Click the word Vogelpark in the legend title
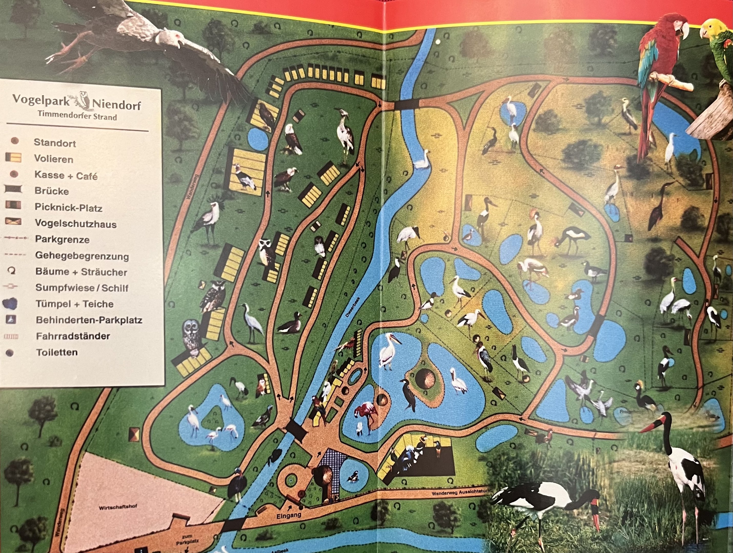(x=41, y=100)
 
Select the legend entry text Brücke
(x=52, y=191)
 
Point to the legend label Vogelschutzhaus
(x=76, y=224)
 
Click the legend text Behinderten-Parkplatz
(x=89, y=320)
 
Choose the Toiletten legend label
(x=57, y=352)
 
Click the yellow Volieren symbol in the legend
(x=14, y=158)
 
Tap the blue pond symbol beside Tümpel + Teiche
(x=10, y=303)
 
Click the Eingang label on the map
(x=289, y=515)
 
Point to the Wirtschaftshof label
(x=118, y=507)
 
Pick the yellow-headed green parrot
(x=717, y=50)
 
